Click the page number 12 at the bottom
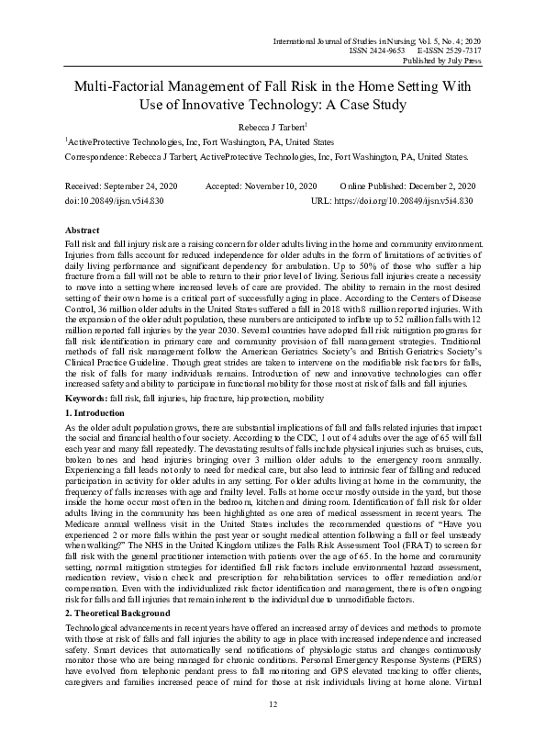273,703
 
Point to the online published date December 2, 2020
438,185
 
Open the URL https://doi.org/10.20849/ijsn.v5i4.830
405,199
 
